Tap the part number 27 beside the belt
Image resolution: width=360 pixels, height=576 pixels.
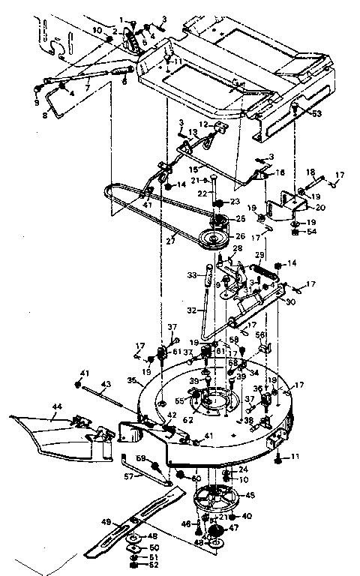tap(171, 241)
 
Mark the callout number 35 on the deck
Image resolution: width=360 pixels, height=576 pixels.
tap(131, 381)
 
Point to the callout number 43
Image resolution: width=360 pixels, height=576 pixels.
tap(106, 385)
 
